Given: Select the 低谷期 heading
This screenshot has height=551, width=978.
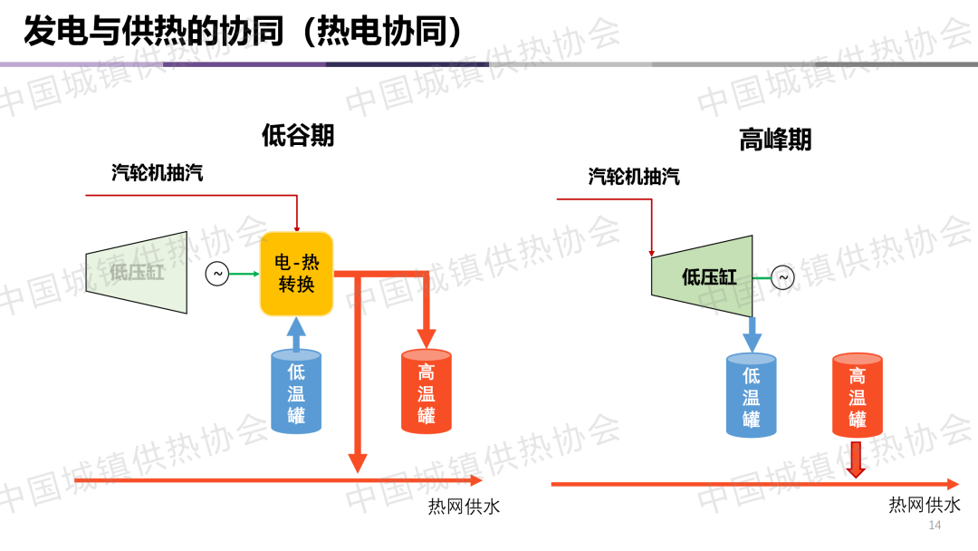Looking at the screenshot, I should (298, 136).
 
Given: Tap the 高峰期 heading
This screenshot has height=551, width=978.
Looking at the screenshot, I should (775, 140).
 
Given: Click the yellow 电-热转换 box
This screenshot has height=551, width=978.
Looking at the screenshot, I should (297, 274).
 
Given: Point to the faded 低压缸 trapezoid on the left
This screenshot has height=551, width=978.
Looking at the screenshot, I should (137, 272).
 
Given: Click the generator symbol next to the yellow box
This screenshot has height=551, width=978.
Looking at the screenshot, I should (217, 274).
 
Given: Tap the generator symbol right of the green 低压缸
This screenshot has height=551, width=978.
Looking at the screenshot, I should (782, 277).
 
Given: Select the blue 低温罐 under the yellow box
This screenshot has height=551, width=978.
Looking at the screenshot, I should (297, 392).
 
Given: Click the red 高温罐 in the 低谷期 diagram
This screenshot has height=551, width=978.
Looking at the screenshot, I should (427, 392).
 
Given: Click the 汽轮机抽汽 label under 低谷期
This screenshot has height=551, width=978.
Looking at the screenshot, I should (158, 173).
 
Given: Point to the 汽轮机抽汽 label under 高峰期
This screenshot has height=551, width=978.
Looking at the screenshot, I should (634, 177).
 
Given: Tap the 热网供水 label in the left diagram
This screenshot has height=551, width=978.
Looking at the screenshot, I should (464, 507).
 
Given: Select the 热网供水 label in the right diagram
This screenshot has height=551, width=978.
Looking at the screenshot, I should (925, 505).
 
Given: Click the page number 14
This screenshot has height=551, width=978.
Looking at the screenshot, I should (935, 527).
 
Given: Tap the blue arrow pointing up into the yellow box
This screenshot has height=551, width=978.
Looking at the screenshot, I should (297, 333).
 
